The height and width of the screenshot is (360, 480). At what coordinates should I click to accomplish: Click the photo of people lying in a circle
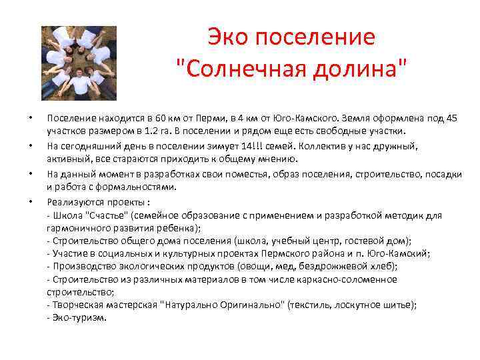tap(79, 62)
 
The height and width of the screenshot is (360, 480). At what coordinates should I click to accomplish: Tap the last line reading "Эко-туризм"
tap(77, 317)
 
